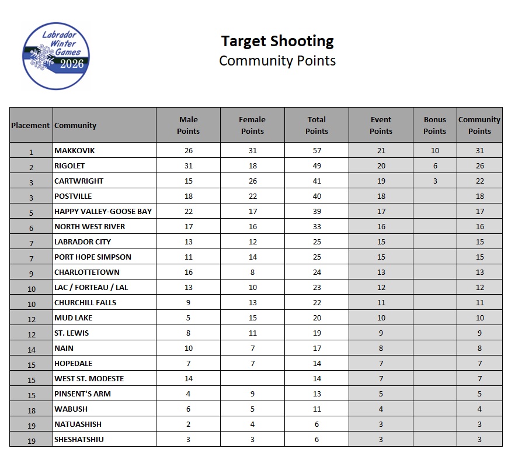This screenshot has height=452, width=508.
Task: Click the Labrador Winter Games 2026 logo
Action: point(56,56)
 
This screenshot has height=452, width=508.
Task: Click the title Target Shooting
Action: point(277,41)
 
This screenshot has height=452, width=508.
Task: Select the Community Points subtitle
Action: point(277,60)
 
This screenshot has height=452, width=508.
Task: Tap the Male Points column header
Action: point(188,125)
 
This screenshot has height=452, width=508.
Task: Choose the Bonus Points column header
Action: point(434,125)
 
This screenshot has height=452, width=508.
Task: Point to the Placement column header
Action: point(30,125)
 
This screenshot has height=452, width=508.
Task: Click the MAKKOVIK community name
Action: point(74,150)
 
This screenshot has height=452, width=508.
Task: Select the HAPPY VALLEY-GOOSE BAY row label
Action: point(103,211)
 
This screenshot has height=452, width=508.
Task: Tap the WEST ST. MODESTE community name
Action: point(89,378)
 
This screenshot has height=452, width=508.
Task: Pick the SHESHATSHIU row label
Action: point(79,439)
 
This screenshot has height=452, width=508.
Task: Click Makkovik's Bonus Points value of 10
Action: point(434,150)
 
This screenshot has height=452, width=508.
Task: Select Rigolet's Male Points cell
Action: point(188,165)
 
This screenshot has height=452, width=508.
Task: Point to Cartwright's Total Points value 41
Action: point(316,181)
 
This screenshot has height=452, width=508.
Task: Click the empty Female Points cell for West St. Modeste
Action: point(252,378)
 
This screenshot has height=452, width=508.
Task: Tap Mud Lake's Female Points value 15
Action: point(252,318)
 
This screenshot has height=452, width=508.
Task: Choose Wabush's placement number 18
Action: point(31,409)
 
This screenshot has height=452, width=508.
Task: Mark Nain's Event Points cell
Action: point(381,348)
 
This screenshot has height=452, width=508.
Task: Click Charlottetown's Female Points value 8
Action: point(252,272)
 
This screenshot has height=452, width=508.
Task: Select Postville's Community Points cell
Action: point(479,196)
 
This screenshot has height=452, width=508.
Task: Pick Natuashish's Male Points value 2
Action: point(188,424)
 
